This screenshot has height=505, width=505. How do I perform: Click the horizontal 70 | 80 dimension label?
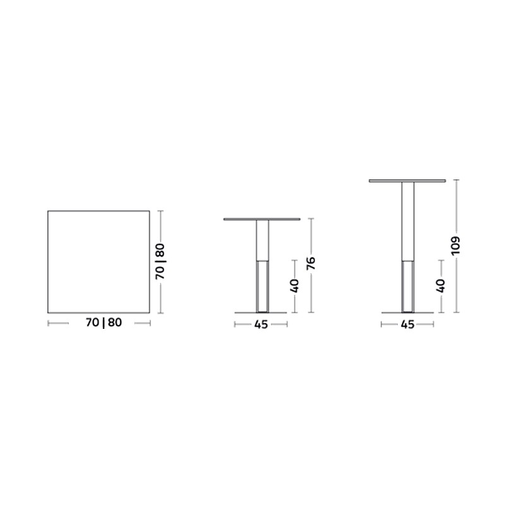(104, 323)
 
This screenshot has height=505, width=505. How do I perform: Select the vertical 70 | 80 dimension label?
(160, 261)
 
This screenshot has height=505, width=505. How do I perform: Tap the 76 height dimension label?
(311, 263)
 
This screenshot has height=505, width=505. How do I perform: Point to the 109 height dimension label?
(456, 246)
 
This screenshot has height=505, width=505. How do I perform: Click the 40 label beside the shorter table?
(294, 286)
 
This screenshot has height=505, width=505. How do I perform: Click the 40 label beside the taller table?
(440, 286)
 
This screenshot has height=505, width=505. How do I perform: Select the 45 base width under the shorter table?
(261, 324)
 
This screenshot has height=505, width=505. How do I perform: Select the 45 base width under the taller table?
(407, 324)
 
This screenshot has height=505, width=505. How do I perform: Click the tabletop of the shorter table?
(262, 219)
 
